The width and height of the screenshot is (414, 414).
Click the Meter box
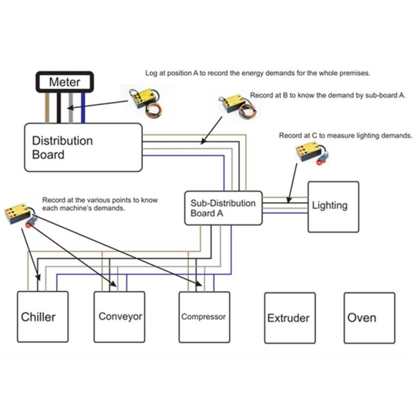64,82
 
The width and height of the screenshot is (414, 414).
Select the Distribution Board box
83,147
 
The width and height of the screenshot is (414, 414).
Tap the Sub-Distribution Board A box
223,208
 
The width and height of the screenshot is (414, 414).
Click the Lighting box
333,206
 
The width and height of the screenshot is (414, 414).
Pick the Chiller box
43,317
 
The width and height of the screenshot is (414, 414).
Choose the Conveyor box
120,316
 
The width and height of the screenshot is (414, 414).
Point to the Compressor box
203,317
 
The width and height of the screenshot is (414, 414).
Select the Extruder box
289,318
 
